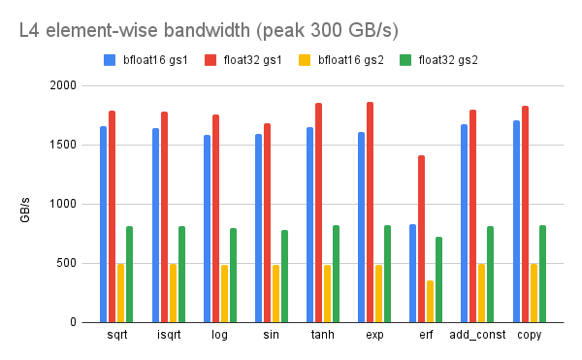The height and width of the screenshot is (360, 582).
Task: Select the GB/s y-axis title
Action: (x=27, y=209)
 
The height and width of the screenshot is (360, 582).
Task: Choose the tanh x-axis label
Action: (x=322, y=335)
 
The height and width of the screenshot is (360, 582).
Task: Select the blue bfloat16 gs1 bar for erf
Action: (x=412, y=273)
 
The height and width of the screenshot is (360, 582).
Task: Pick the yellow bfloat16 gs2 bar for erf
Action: (x=430, y=301)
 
